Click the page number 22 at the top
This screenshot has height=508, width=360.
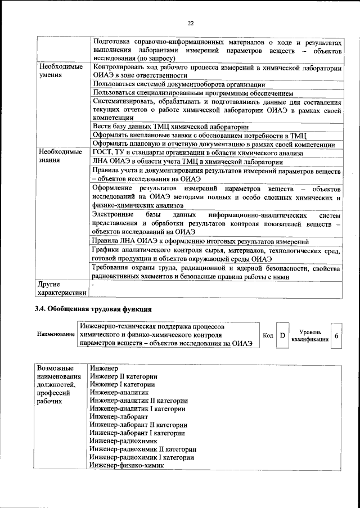click(190, 23)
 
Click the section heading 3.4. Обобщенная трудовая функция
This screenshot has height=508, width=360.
click(93, 309)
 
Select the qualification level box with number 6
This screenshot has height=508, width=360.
click(336, 335)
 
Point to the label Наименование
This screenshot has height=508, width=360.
click(56, 335)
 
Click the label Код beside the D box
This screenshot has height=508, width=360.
click(268, 335)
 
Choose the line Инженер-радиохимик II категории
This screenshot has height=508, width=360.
click(143, 449)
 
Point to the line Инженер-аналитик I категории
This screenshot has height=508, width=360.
click(137, 408)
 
